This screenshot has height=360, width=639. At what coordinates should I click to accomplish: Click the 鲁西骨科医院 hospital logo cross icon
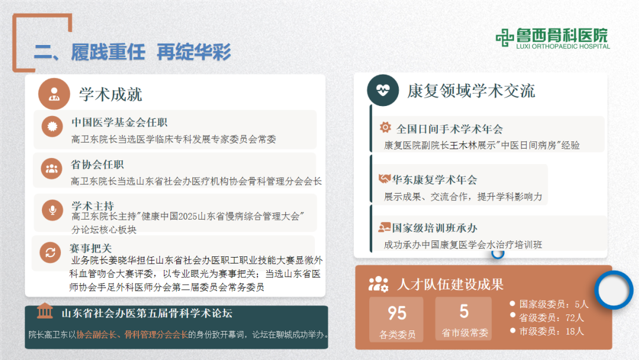505,38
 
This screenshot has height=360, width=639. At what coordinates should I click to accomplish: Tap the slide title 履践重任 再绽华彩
132,52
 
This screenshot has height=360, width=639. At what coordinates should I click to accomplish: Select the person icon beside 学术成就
54,94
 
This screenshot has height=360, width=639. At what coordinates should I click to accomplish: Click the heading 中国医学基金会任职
120,123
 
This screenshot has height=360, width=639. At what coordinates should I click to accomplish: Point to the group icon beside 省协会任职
51,169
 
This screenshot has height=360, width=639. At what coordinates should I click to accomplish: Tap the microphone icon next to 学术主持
51,209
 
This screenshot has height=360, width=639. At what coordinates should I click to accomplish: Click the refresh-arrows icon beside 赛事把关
50,253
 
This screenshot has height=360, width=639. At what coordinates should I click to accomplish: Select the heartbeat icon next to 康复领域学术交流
383,90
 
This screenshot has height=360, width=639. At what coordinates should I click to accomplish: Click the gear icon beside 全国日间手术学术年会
385,127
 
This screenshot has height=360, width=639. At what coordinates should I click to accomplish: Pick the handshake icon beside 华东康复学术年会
385,179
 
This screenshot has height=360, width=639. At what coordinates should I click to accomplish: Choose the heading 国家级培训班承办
434,228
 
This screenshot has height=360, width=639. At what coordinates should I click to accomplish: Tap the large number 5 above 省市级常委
464,311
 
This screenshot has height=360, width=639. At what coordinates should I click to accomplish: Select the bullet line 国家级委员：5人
554,304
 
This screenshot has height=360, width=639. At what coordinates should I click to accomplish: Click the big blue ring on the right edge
614,290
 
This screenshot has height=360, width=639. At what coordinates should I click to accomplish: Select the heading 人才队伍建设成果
450,285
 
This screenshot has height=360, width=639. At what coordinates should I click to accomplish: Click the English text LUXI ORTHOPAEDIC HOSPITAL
563,46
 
